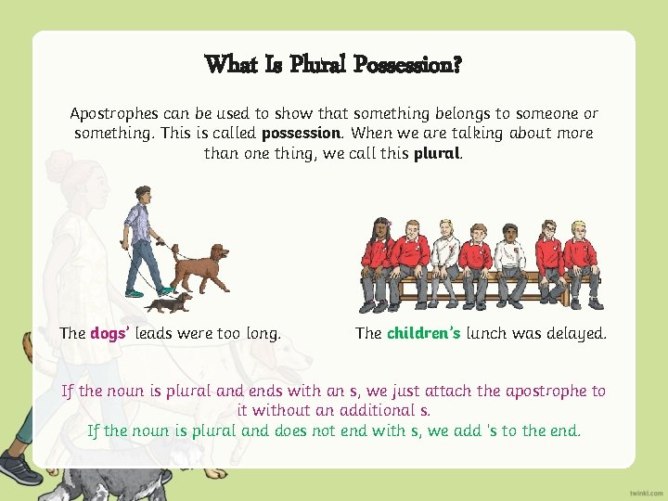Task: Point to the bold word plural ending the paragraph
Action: [436, 153]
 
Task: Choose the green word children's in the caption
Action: [423, 333]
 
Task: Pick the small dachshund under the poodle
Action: [168, 302]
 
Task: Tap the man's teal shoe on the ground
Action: [135, 293]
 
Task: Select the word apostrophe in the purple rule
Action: [542, 391]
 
